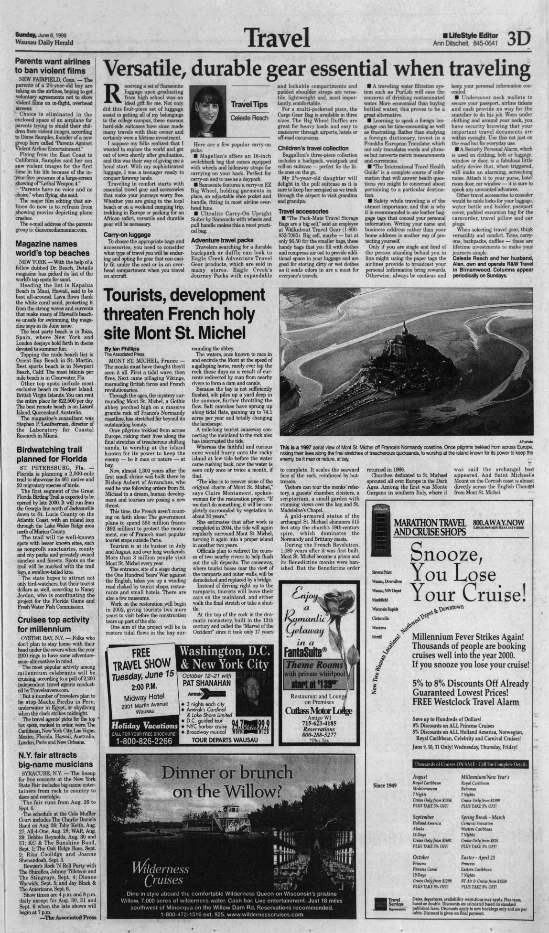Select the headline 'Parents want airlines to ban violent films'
[53, 66]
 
